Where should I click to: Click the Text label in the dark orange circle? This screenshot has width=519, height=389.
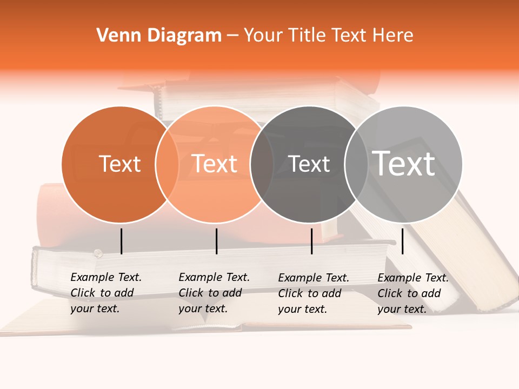[x=119, y=164]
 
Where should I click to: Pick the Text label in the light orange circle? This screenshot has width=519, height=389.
[x=215, y=164]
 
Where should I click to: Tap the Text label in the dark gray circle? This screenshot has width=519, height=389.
[x=309, y=164]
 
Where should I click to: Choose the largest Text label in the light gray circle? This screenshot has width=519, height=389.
[x=404, y=163]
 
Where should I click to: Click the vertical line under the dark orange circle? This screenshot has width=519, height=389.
[x=121, y=241]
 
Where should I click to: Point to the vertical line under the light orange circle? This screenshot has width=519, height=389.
[x=216, y=241]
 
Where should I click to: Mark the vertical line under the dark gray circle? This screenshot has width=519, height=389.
[x=311, y=241]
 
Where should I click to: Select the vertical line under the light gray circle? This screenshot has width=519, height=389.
[x=403, y=241]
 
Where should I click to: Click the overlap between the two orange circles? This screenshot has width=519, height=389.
[x=167, y=164]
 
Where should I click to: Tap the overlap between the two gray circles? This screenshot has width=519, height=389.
[x=356, y=164]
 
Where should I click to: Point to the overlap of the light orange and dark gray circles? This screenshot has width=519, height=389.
[x=262, y=164]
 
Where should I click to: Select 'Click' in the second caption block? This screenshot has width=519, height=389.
[x=190, y=293]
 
